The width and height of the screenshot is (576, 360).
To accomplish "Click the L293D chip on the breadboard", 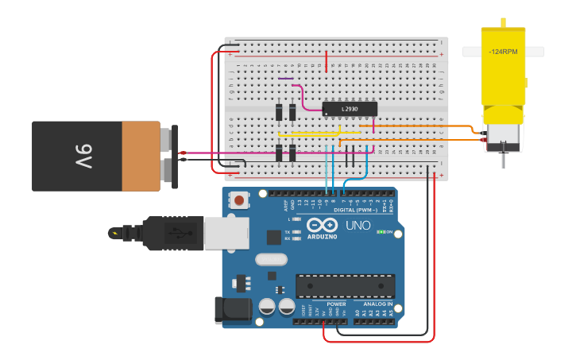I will pos(350,109).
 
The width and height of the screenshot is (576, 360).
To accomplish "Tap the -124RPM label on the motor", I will pos(503,52).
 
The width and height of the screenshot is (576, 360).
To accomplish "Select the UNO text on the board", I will pos(358,226).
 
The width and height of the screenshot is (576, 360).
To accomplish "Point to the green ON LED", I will pos(381,232).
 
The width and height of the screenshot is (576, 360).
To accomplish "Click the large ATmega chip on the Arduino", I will pos(345,286).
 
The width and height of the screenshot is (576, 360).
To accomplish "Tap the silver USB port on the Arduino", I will pos(227,234).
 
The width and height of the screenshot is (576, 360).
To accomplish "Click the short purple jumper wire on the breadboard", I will pos(286,79).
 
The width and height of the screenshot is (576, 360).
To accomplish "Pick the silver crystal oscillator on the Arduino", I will pos(271,259).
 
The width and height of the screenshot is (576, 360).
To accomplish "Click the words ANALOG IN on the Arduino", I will pos(378,304).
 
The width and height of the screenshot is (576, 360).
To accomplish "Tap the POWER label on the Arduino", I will pos(336,304).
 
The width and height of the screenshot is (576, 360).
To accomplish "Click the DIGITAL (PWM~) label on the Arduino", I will pos(355,209).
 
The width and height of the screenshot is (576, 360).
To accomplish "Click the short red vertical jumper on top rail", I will pos(326,60).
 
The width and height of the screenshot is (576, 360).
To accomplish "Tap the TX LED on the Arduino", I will pos(296,232).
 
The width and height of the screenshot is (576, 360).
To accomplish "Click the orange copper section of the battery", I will pos(141,156).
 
